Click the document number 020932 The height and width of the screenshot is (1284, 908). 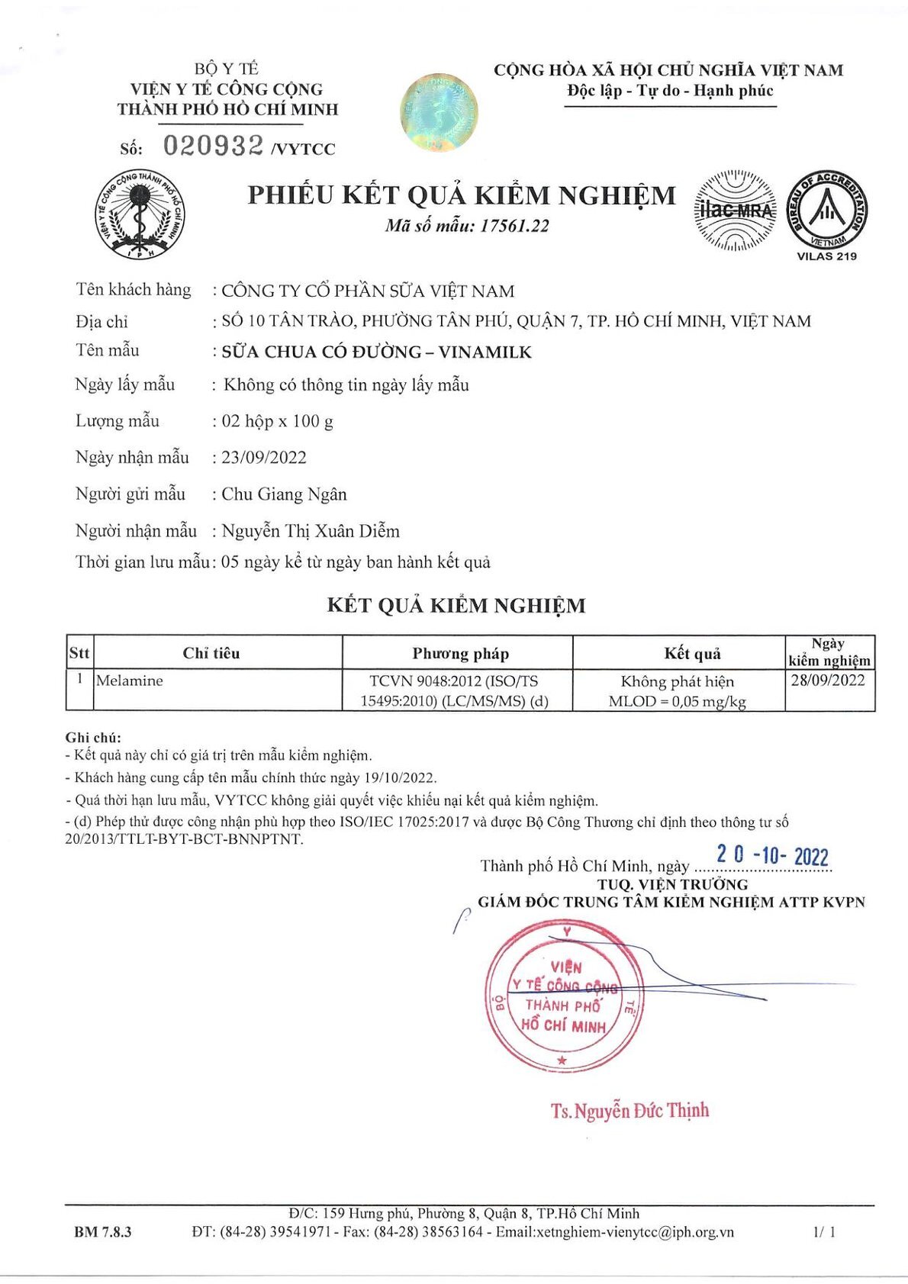click(213, 145)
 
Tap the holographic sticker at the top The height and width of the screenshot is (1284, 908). click(440, 112)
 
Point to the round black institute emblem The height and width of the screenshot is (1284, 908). click(140, 215)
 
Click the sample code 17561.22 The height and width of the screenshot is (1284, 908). click(514, 226)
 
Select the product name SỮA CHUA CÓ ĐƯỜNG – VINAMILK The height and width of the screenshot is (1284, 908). click(376, 352)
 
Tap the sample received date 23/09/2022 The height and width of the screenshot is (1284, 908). click(264, 458)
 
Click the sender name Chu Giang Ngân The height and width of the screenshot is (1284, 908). click(284, 494)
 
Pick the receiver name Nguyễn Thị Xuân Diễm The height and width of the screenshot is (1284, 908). click(311, 531)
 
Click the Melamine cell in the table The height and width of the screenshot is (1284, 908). click(130, 681)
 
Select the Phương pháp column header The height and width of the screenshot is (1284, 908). click(460, 653)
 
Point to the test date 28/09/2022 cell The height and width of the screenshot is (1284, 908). click(828, 680)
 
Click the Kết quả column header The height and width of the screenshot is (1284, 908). click(692, 653)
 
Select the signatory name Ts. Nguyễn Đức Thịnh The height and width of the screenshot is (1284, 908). click(629, 1110)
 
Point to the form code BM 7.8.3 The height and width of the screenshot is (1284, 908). click(103, 1231)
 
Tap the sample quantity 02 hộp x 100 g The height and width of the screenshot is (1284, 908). click(277, 421)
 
